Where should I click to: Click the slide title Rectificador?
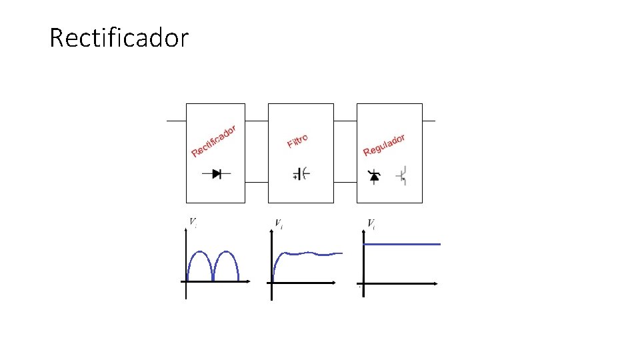pyautogui.click(x=119, y=38)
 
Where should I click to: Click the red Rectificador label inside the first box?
pyautogui.click(x=214, y=141)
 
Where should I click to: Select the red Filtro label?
pyautogui.click(x=297, y=141)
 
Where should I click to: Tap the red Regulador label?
pyautogui.click(x=385, y=145)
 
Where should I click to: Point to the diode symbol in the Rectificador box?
pyautogui.click(x=217, y=173)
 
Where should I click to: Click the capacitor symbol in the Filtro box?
pyautogui.click(x=301, y=175)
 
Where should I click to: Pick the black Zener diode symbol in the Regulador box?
pyautogui.click(x=374, y=176)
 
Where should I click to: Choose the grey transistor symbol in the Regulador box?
pyautogui.click(x=401, y=176)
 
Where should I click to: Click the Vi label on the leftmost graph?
pyautogui.click(x=193, y=222)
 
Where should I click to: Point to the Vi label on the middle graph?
pyautogui.click(x=279, y=224)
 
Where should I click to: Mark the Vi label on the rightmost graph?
pyautogui.click(x=371, y=224)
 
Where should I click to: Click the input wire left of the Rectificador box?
pyautogui.click(x=176, y=121)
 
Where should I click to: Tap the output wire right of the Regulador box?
pyautogui.click(x=429, y=121)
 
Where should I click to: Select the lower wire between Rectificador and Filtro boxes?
pyautogui.click(x=257, y=181)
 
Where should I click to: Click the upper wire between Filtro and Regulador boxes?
pyautogui.click(x=345, y=121)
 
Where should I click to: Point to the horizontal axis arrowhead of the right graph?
pyautogui.click(x=435, y=283)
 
